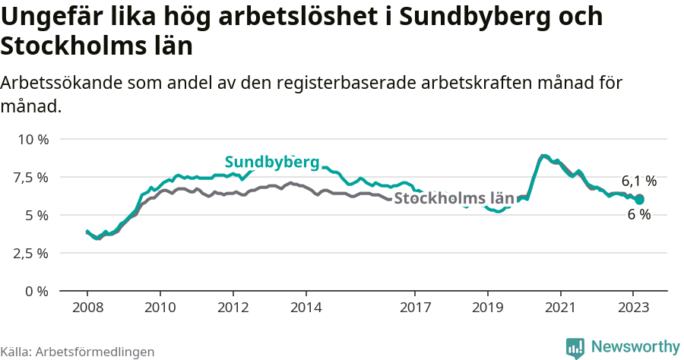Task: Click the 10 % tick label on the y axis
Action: [x=33, y=140]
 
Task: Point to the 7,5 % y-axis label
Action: [x=33, y=178]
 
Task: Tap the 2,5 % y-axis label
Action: [x=33, y=254]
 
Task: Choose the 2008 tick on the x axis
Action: [x=87, y=308]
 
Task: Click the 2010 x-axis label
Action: [x=160, y=308]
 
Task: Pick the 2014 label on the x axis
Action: [x=306, y=308]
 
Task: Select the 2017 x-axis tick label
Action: [x=415, y=308]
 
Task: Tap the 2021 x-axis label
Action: [x=560, y=308]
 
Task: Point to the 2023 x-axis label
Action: [x=633, y=308]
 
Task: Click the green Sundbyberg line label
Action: [x=271, y=163]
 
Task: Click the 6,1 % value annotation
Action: [x=638, y=182]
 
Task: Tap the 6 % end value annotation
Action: [x=638, y=215]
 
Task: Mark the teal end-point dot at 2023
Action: [x=639, y=200]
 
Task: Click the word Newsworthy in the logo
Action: [x=635, y=346]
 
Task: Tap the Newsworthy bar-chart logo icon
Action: [x=575, y=347]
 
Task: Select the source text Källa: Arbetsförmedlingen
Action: [x=78, y=352]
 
